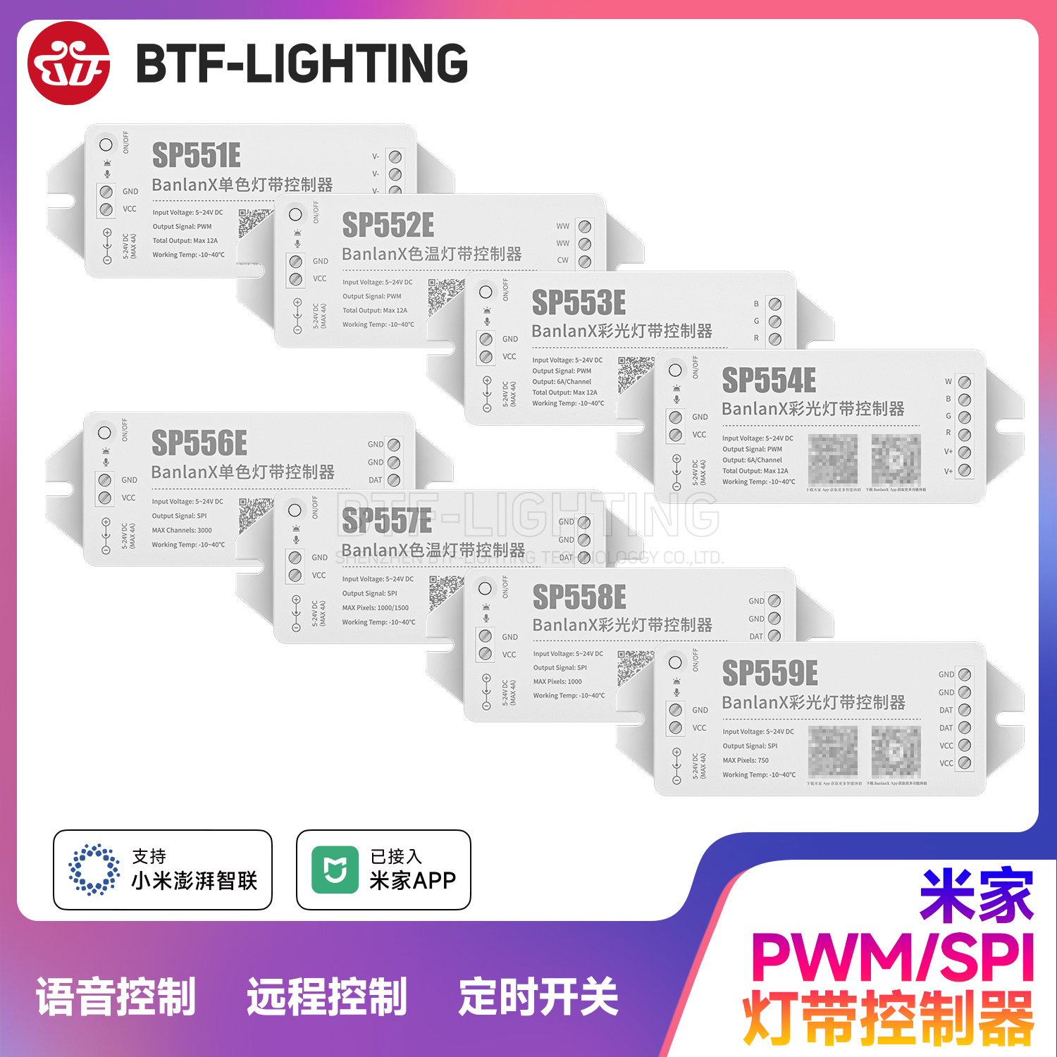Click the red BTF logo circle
click(68, 63)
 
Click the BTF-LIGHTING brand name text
click(302, 63)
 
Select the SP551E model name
click(197, 156)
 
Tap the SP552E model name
click(388, 225)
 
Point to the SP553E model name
click(579, 303)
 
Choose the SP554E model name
click(769, 381)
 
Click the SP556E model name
click(199, 444)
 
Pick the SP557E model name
click(387, 521)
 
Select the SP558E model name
click(579, 598)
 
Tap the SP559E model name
click(770, 674)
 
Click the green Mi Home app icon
click(335, 870)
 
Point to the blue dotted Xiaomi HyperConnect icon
click(94, 870)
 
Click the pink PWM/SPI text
click(892, 957)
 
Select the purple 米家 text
click(976, 895)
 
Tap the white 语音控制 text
click(116, 997)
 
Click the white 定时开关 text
click(538, 997)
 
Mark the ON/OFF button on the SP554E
click(675, 370)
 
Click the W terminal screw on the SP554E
click(965, 382)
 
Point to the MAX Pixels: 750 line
click(746, 760)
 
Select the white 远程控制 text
click(327, 997)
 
